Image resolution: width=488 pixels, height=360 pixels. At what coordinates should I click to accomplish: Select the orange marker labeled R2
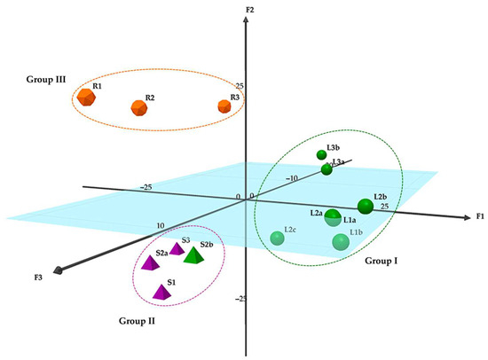[x=139, y=107]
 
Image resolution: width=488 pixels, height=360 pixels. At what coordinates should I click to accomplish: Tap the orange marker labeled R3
[x=224, y=106]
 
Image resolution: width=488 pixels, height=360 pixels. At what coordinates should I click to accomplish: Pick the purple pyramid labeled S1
[x=161, y=291]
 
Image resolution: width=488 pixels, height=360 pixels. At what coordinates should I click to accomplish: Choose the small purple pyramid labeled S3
[x=177, y=249]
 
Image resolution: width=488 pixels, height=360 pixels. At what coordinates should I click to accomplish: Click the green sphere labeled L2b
[x=365, y=207]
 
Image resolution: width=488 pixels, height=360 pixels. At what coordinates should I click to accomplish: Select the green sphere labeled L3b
[x=322, y=155]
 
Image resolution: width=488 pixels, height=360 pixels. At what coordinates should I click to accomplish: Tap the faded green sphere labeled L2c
[x=278, y=238]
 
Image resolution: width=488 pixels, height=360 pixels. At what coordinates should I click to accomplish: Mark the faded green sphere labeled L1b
[x=340, y=241]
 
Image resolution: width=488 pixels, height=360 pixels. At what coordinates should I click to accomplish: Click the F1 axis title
[x=478, y=216]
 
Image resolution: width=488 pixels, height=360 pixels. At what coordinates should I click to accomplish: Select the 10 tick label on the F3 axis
[x=161, y=226]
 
